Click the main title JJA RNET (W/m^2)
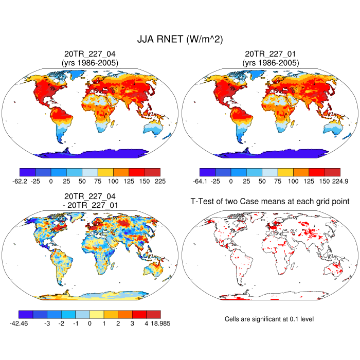[x=180, y=39]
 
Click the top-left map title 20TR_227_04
[x=90, y=53]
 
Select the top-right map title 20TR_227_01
[x=270, y=53]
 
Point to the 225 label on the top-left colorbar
[x=153, y=182]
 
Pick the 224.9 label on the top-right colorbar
[x=332, y=182]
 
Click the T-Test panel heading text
[x=270, y=202]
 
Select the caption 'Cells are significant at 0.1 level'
[x=269, y=319]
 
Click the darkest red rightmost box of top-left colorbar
[x=153, y=172]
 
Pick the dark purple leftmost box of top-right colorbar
[x=207, y=172]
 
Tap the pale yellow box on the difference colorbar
[x=97, y=314]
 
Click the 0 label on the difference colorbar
[x=89, y=323]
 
